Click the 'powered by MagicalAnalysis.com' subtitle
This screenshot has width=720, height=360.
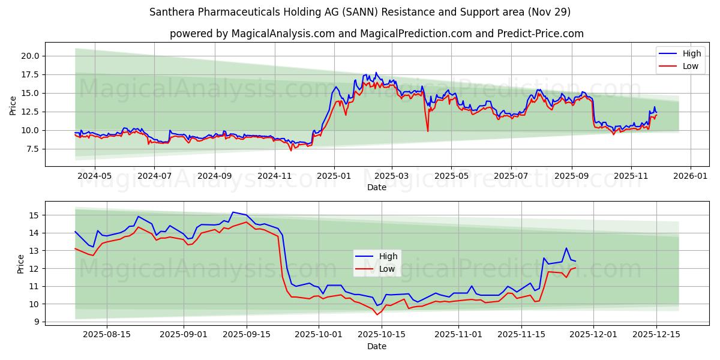coord(377,34)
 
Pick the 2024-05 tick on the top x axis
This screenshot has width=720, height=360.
coord(95,176)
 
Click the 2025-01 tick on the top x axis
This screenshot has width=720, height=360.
coord(334,176)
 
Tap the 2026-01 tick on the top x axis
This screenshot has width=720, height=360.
coord(691,176)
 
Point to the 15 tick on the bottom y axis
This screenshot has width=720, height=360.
coord(34,215)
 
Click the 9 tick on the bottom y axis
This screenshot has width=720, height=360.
coord(37,322)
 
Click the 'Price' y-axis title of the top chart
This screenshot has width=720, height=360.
coord(13,105)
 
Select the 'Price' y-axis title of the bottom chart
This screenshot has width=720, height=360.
coord(20,264)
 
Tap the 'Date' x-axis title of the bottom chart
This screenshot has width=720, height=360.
coord(377,346)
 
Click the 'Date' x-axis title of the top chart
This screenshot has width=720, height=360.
coord(377,187)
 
